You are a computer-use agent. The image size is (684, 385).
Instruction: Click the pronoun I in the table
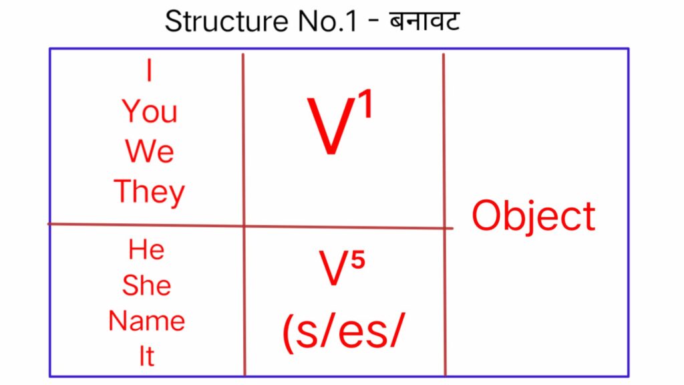tap(149, 72)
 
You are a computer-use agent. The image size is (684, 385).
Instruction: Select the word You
tap(150, 112)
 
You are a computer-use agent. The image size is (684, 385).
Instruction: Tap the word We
tap(149, 152)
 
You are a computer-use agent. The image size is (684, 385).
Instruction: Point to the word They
tap(149, 192)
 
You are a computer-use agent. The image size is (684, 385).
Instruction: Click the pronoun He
tap(146, 250)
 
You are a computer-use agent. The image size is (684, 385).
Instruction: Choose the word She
tap(146, 286)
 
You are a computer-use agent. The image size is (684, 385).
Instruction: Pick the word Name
tap(146, 322)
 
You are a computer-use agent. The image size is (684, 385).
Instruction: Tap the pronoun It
tap(146, 357)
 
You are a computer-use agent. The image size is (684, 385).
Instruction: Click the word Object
tap(533, 216)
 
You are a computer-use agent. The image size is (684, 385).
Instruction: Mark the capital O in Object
tap(488, 216)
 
